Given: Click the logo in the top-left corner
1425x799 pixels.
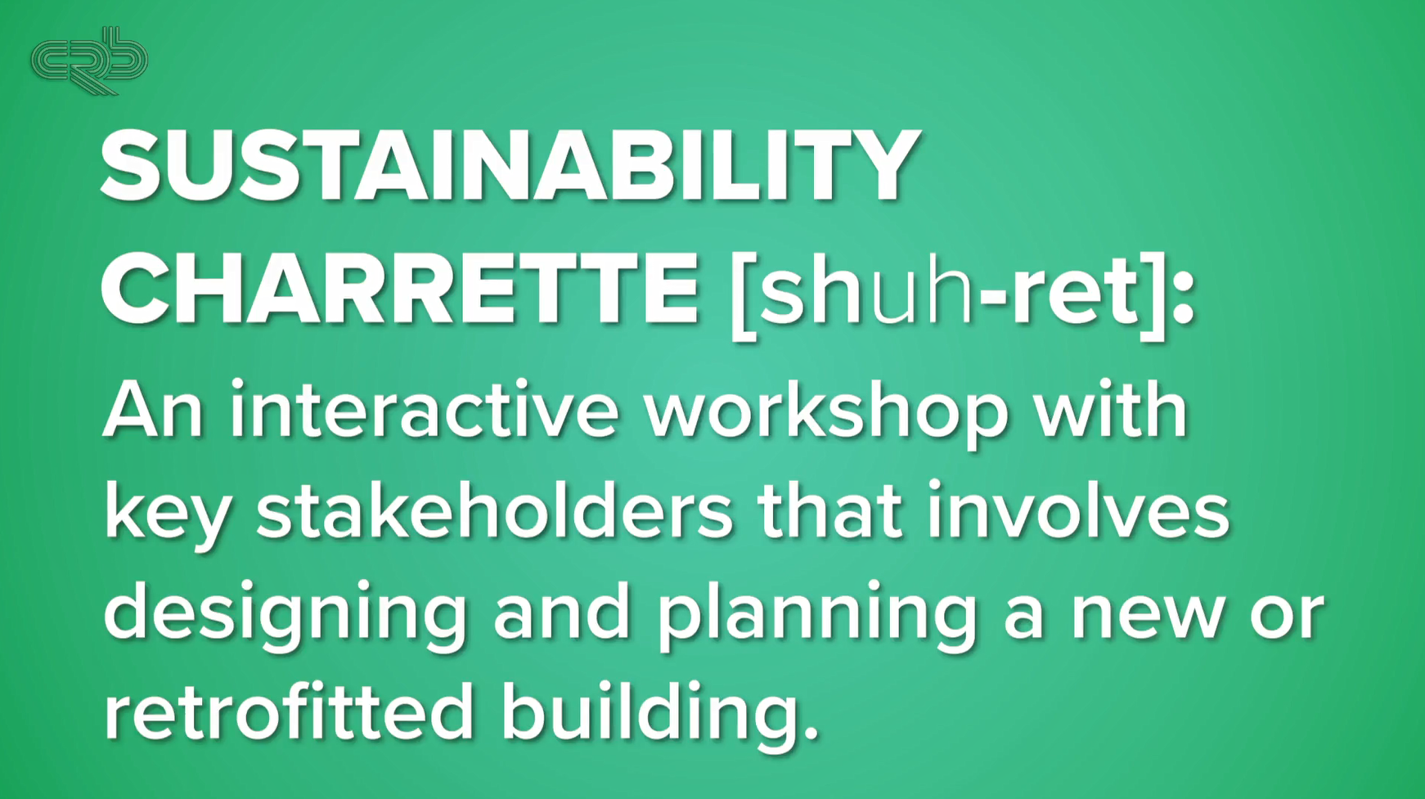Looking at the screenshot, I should tap(89, 61).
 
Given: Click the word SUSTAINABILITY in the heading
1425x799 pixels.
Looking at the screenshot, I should tap(510, 167).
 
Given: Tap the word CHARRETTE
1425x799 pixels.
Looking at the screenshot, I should tap(400, 290).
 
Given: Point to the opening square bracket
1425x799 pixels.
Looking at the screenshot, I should tap(743, 293).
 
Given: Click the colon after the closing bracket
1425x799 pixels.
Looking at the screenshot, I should tap(1184, 293).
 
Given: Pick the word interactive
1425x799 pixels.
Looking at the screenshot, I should tap(424, 410).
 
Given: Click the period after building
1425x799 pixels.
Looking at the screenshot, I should tap(811, 732).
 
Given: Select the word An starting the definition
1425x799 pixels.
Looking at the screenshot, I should tap(153, 410).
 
